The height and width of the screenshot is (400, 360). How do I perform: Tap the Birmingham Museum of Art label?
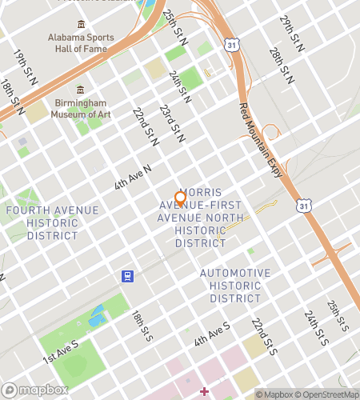[x=80, y=110]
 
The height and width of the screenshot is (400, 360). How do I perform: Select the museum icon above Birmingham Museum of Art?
[x=80, y=90]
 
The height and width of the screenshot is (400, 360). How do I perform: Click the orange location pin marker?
[x=180, y=199]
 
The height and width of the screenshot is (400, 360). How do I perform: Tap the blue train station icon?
[x=126, y=276]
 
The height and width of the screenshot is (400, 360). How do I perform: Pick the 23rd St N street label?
[x=171, y=123]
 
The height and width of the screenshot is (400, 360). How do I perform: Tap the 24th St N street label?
[x=180, y=86]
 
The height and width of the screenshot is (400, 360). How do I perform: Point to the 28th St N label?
[x=281, y=66]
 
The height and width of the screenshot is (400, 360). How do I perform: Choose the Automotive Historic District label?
[x=235, y=286]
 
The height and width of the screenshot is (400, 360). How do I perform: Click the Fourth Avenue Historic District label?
[x=52, y=223]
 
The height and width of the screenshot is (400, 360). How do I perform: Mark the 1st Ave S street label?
[x=62, y=350]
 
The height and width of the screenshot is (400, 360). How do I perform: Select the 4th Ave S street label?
[x=211, y=335]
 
